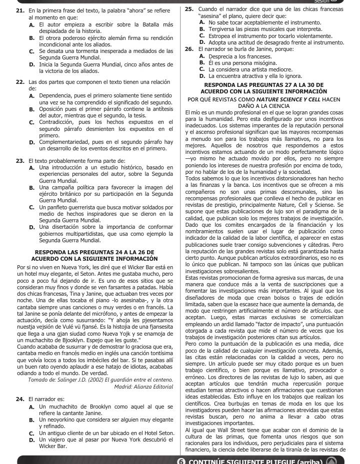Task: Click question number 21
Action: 20,10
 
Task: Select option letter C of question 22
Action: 31,121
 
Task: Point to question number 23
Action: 20,161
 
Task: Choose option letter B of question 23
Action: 31,187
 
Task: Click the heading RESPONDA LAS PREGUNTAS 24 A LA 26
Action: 94,252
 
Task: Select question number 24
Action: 20,399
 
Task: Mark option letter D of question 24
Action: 31,440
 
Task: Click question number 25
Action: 189,9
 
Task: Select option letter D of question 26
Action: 201,76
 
